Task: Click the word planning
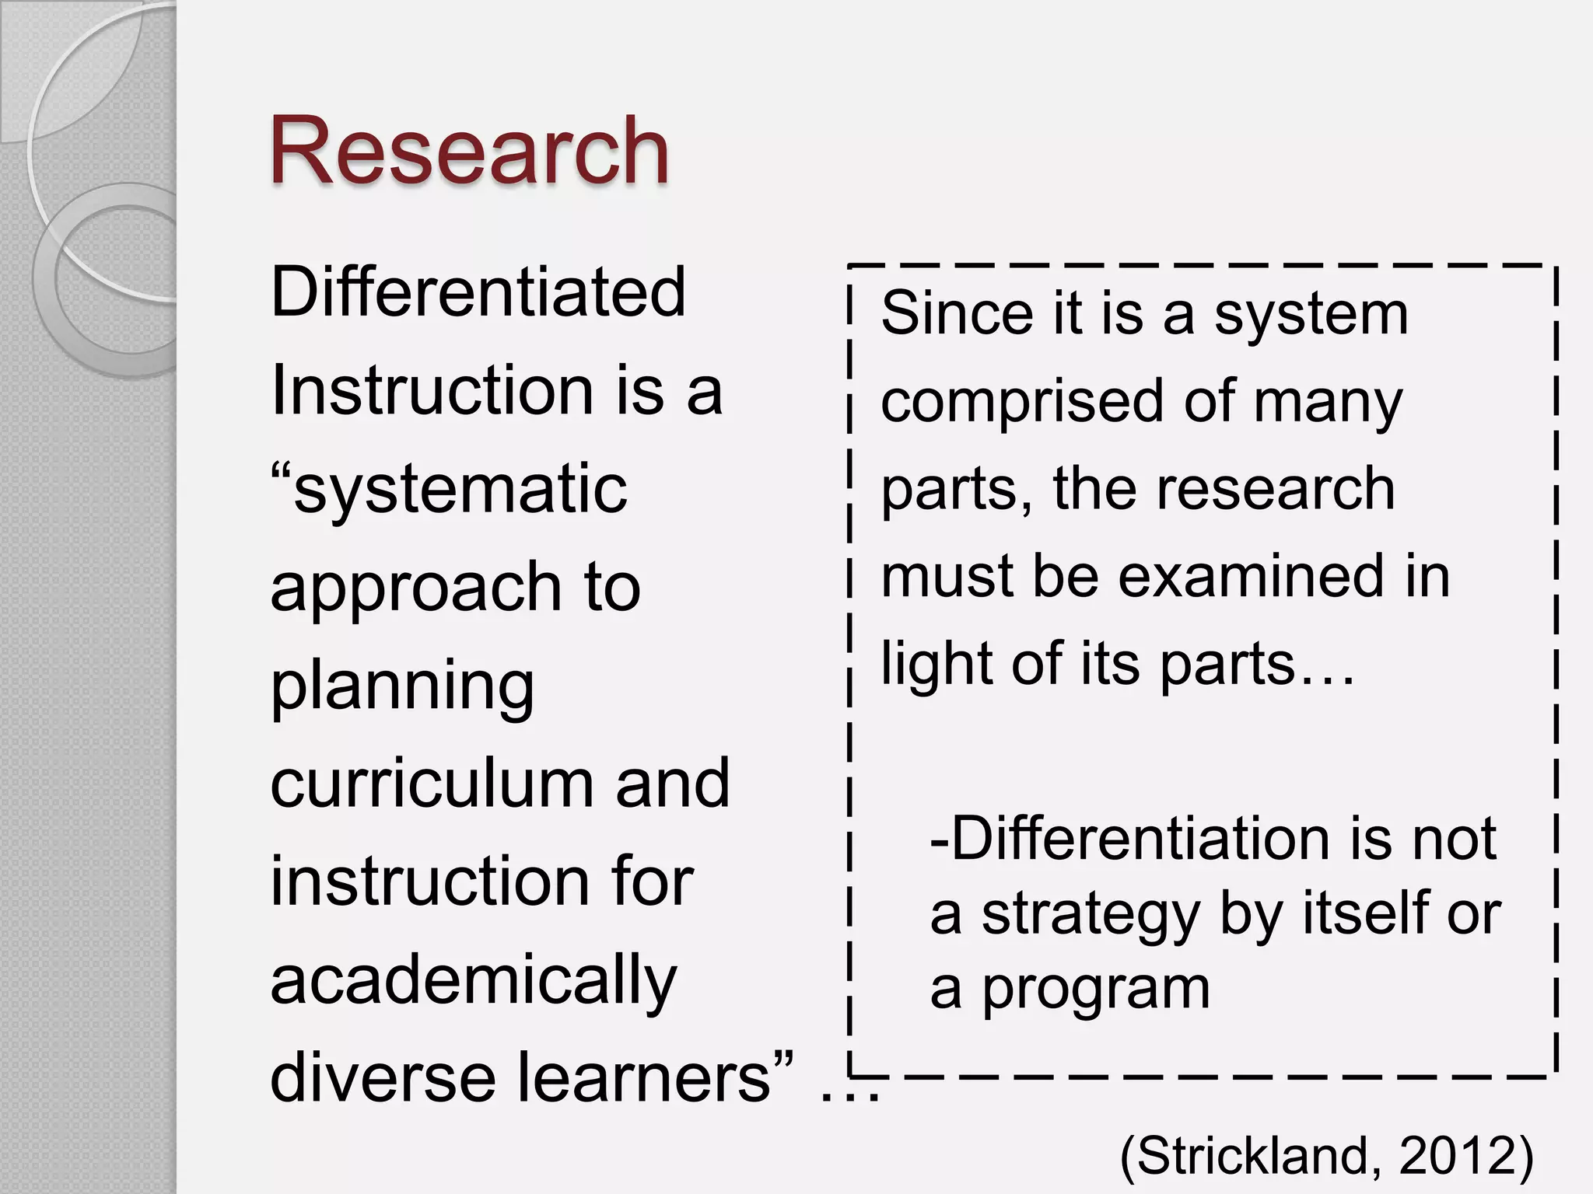[x=402, y=688]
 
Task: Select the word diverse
[x=382, y=1079]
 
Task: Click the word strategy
[x=1090, y=916]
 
